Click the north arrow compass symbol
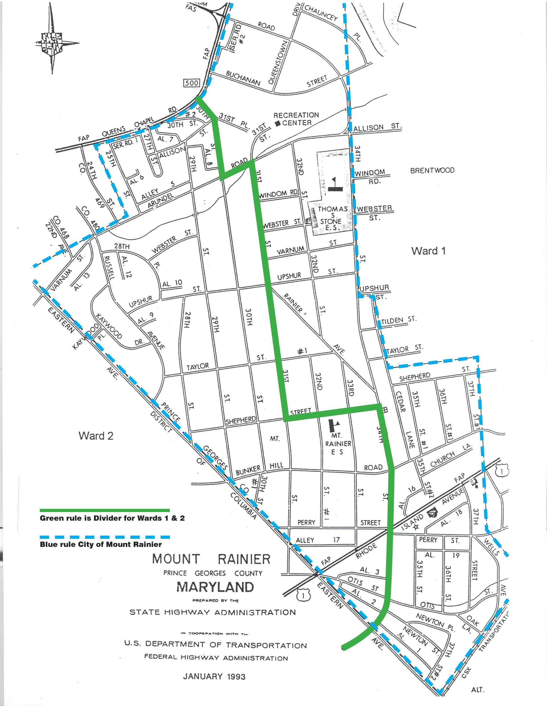[52, 43]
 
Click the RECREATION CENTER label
[296, 119]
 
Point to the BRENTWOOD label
[432, 170]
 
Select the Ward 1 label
[428, 251]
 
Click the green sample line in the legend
[104, 511]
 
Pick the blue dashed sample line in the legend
[104, 537]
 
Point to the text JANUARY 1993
[214, 676]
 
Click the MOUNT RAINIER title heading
[211, 559]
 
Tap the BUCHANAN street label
[243, 78]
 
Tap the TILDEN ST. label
[399, 320]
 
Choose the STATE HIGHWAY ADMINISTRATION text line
[213, 612]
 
